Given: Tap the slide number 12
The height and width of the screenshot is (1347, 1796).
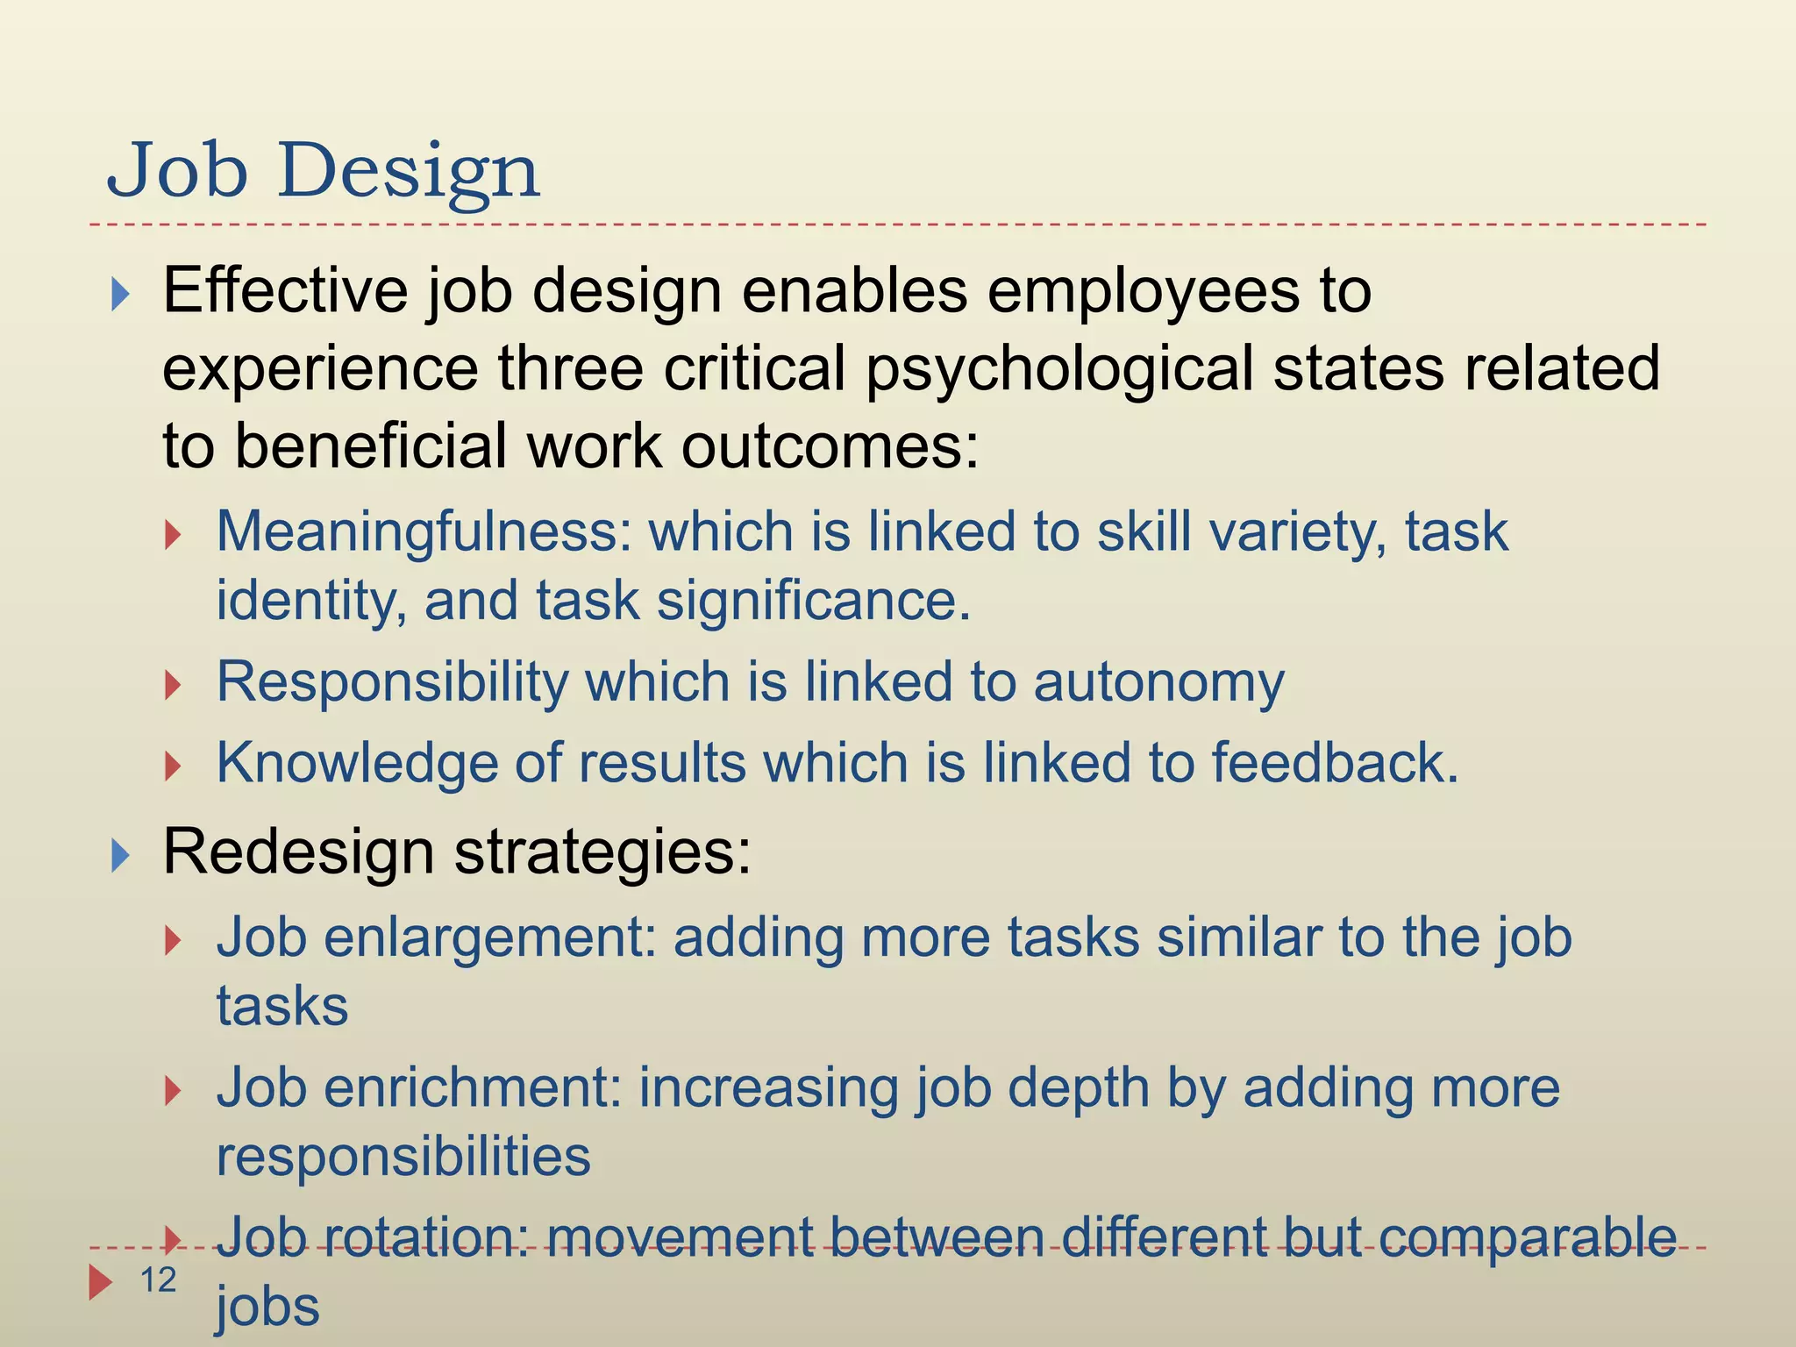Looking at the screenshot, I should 159,1280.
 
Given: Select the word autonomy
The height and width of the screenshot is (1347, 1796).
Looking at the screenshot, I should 1158,683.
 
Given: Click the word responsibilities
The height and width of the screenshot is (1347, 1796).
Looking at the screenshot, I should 403,1156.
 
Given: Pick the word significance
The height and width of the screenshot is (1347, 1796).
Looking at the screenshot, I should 813,601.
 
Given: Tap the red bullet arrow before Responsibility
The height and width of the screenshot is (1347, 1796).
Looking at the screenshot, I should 173,685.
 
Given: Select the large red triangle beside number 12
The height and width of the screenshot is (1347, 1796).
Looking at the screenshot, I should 101,1281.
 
